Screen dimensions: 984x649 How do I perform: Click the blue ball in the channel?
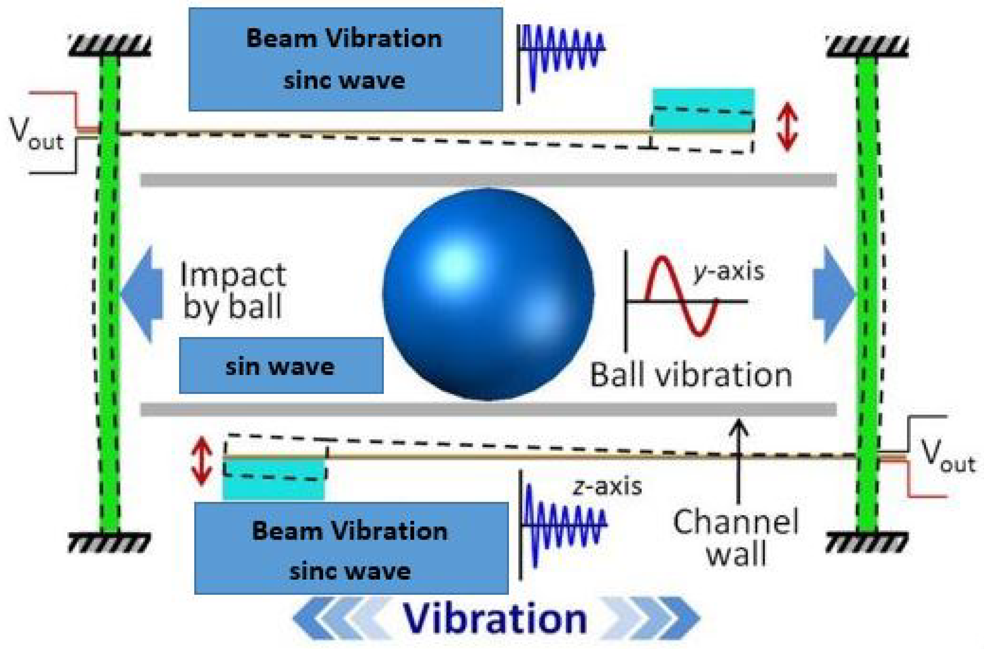tap(488, 294)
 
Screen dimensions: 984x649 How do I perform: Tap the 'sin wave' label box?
tap(281, 366)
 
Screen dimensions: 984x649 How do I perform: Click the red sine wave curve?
tap(681, 296)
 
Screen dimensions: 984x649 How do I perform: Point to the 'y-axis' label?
tap(729, 271)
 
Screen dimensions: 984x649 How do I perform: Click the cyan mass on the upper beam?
tap(703, 110)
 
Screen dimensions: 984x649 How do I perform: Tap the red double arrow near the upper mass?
tap(787, 126)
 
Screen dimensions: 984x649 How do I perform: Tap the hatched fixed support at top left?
tap(110, 46)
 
